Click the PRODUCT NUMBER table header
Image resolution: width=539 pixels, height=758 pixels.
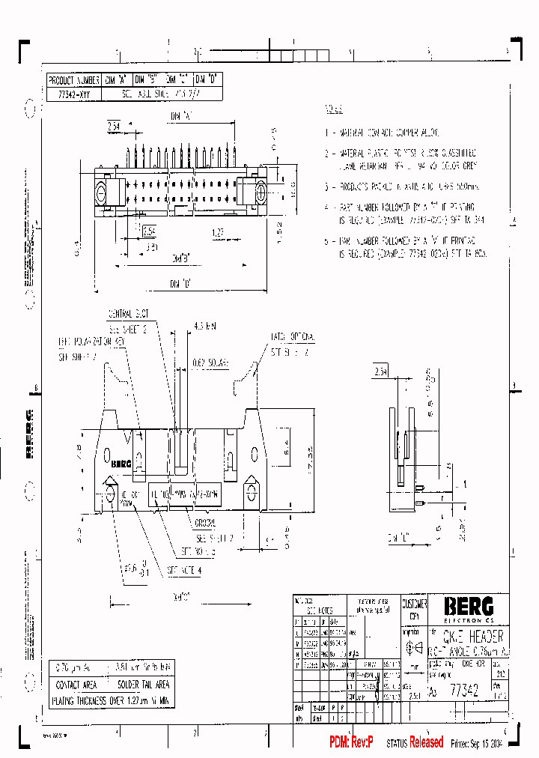pos(73,79)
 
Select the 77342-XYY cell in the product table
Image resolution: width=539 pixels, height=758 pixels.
pos(73,94)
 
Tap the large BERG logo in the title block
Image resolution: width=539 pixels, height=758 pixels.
pos(467,604)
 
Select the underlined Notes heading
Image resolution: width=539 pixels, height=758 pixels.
pos(334,109)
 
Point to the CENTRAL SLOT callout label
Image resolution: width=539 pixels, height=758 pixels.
pos(129,313)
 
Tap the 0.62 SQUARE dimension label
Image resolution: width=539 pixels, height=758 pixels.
pos(209,363)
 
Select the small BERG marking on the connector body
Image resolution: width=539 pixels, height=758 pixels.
pos(121,464)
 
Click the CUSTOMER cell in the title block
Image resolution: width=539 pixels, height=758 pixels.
pos(414,604)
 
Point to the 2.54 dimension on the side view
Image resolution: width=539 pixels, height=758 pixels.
pos(380,371)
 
